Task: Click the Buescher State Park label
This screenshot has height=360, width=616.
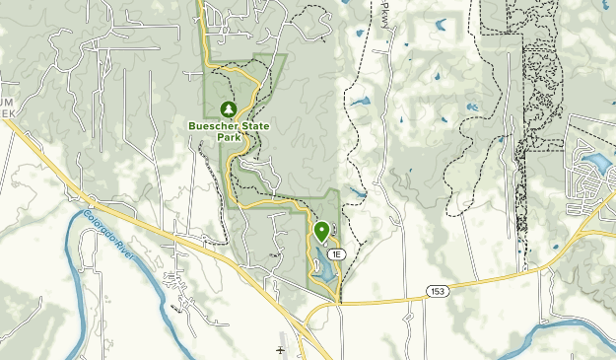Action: (x=229, y=131)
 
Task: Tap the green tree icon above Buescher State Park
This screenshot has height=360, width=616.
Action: (x=229, y=108)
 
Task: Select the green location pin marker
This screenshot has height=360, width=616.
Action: (x=321, y=232)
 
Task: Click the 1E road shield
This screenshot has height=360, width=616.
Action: (x=337, y=253)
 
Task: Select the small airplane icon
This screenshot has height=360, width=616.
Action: (x=280, y=349)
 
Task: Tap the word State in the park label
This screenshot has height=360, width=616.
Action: (x=257, y=125)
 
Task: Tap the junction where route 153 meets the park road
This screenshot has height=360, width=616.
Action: (x=340, y=302)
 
